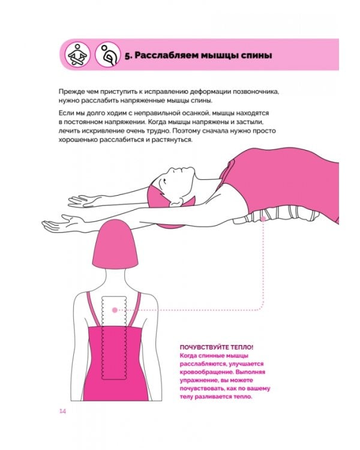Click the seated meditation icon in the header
point(77,55)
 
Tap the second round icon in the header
point(108,55)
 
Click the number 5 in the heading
point(127,56)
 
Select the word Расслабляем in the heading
point(165,55)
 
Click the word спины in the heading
point(256,56)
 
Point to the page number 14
point(62,411)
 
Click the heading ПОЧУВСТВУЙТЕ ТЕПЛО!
point(217,347)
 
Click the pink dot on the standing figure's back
point(115,310)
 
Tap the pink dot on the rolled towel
point(263,219)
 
